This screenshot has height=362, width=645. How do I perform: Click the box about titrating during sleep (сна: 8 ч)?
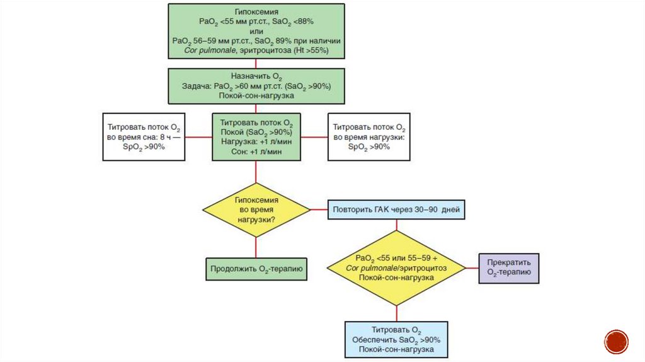click(x=144, y=136)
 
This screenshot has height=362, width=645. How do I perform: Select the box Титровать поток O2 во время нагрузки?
click(x=369, y=136)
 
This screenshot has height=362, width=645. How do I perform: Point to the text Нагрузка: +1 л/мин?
click(x=256, y=143)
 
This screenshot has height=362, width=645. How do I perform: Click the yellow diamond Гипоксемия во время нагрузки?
click(x=256, y=209)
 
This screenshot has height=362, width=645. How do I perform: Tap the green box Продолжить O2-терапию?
click(x=256, y=269)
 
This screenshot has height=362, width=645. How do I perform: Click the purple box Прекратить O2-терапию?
click(x=509, y=268)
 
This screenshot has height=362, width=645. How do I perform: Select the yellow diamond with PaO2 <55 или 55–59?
click(x=396, y=268)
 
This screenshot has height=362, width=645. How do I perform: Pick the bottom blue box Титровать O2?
click(x=396, y=340)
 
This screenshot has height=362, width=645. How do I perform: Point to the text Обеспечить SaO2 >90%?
click(x=396, y=340)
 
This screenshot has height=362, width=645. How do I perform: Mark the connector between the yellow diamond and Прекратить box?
click(x=472, y=269)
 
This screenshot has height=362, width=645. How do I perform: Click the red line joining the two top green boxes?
click(x=256, y=64)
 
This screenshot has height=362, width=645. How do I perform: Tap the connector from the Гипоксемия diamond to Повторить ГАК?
click(x=319, y=209)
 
